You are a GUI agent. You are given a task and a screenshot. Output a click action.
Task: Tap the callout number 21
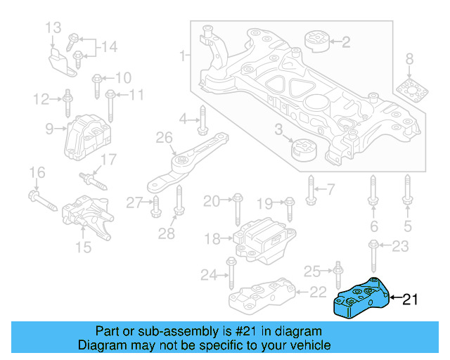(409, 300)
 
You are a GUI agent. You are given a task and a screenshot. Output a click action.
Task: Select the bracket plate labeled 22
(262, 296)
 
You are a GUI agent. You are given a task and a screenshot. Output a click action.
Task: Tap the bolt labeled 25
(338, 271)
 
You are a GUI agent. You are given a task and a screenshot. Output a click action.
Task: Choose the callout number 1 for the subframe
(183, 55)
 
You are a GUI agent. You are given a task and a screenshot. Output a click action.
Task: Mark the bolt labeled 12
(67, 103)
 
